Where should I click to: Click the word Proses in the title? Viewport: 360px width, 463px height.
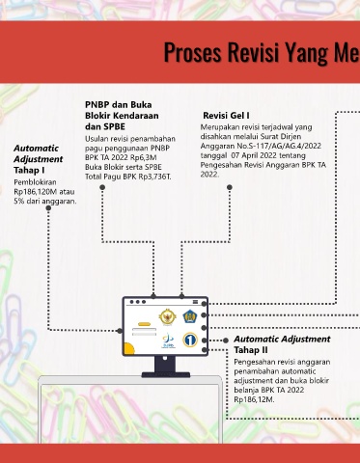193,52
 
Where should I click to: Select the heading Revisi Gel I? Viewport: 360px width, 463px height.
226,116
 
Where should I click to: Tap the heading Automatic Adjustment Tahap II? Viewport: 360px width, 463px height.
282,344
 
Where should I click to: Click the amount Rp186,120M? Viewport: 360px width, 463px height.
32,192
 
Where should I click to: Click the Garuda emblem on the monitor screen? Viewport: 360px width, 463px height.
167,316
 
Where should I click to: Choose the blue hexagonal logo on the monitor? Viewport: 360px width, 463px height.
189,316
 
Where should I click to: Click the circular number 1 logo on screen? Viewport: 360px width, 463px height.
190,340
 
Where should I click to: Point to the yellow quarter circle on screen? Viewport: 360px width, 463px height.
128,349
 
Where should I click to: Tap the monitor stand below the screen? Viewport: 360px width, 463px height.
165,367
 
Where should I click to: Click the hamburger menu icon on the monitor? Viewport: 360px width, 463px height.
195,302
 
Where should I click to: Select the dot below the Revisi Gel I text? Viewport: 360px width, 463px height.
230,187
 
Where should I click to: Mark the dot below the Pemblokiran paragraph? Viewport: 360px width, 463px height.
48,208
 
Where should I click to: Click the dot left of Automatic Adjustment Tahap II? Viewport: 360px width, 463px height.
226,340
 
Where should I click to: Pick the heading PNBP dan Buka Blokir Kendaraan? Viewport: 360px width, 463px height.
122,110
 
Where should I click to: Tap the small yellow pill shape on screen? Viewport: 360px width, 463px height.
144,324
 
